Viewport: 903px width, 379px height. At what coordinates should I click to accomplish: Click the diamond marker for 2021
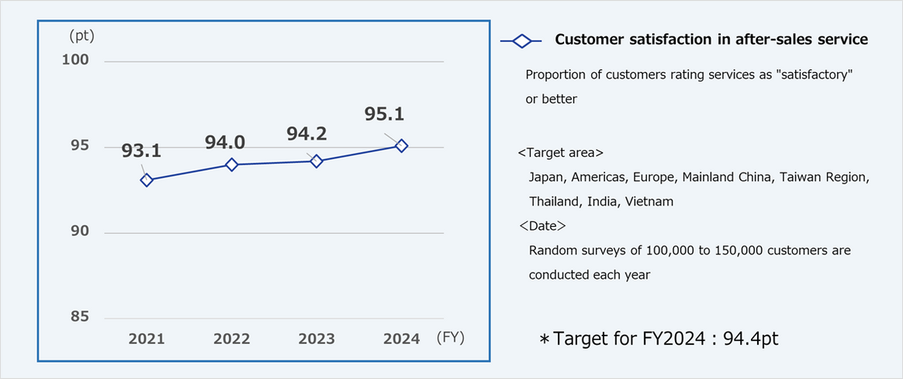coord(147,180)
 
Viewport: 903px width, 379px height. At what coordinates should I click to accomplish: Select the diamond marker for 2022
coord(231,165)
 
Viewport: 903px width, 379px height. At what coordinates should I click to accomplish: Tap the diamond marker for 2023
coord(316,162)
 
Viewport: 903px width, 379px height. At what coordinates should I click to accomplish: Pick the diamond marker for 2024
coord(401,146)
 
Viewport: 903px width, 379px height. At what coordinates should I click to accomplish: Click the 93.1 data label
coord(141,151)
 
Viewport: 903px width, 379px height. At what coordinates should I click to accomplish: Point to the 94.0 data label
coord(225,142)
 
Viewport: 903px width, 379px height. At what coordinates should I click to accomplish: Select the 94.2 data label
coord(306,134)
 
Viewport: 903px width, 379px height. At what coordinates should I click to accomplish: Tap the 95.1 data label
coord(384,115)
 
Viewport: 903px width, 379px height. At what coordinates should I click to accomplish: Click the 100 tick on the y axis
coord(76,61)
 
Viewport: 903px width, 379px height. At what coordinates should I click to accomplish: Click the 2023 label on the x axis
coord(317,339)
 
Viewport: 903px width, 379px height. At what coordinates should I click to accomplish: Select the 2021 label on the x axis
coord(147,339)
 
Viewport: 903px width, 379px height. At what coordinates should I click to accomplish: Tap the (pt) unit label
coord(81,35)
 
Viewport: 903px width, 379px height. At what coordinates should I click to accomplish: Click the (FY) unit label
coord(450,338)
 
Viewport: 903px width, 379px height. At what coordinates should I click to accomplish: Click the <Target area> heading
coord(561,152)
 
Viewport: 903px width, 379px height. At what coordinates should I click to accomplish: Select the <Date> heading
coord(542,226)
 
